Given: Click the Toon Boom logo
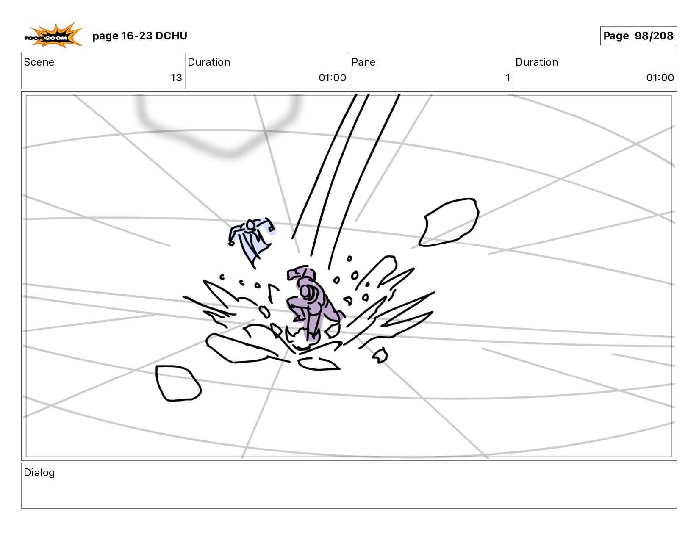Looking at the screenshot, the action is (53, 36).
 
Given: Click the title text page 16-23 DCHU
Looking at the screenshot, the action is (140, 36).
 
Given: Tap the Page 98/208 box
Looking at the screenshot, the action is (638, 36).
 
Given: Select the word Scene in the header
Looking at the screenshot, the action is (39, 62).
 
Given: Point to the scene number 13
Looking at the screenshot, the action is (176, 78).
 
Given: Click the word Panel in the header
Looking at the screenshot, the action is (365, 62).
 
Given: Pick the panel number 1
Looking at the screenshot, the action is (508, 78).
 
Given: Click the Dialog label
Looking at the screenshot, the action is (39, 473).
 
